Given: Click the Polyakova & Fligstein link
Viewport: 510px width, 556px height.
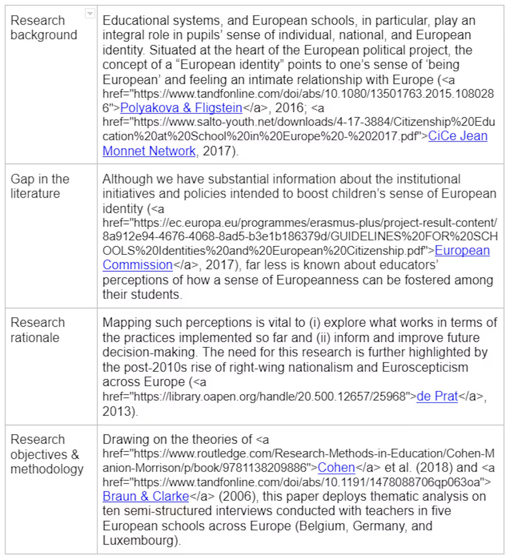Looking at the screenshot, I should [181, 108].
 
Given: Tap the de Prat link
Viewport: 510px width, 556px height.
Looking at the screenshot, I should [437, 396].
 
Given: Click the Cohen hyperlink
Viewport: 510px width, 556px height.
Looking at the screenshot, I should [336, 467].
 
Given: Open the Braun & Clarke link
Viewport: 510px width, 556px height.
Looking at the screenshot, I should [146, 496].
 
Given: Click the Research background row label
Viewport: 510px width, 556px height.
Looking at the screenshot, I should [44, 28].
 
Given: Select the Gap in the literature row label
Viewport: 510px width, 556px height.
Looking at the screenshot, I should [40, 186].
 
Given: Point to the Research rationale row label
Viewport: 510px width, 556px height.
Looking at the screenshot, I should [37, 330].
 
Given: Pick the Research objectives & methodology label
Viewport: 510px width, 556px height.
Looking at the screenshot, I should [47, 454].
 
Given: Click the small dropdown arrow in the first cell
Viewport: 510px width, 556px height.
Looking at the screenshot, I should [90, 13].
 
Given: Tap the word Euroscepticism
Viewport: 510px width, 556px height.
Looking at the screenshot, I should [425, 368].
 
